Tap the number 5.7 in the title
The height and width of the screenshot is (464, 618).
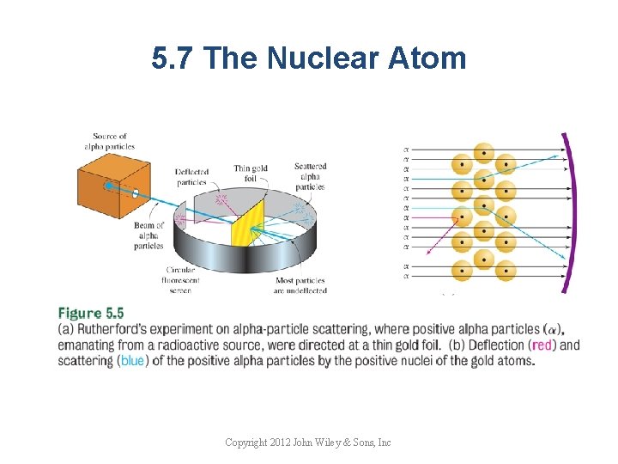[175, 58]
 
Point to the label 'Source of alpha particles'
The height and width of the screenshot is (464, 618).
[110, 141]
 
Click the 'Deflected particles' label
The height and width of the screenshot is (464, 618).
[191, 176]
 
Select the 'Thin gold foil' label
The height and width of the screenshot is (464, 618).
[251, 174]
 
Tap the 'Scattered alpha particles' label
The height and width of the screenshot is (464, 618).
[308, 177]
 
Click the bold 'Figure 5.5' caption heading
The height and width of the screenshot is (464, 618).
[92, 314]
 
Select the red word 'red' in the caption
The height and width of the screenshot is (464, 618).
[542, 345]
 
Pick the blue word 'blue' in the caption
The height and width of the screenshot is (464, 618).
[132, 361]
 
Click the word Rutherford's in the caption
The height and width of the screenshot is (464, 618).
[110, 330]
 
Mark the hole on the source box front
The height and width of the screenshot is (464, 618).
[136, 193]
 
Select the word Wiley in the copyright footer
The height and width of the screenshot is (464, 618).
[323, 443]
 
